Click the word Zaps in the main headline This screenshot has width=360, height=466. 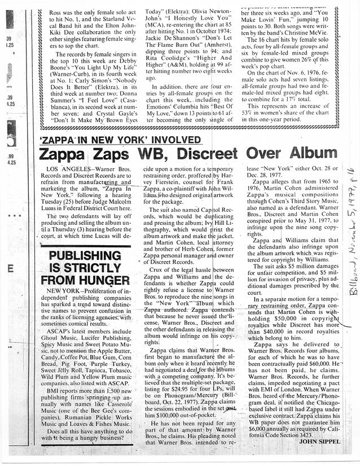coord(113,154)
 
